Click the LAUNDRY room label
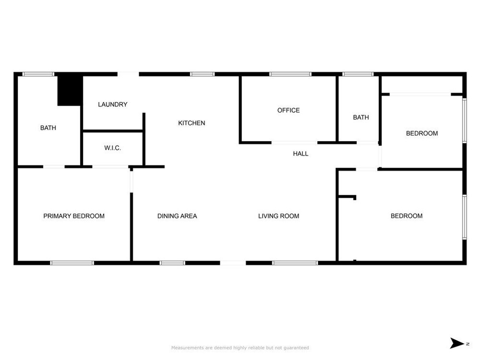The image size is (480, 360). click(x=113, y=104)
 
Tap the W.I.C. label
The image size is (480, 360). click(x=112, y=148)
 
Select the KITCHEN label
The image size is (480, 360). click(x=192, y=123)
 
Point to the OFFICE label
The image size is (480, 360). click(x=288, y=110)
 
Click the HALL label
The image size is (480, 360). click(x=300, y=154)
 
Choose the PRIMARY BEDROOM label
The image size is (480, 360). click(x=74, y=216)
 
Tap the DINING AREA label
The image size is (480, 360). click(x=177, y=216)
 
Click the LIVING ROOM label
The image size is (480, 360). click(x=278, y=216)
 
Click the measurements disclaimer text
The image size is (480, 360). click(x=240, y=348)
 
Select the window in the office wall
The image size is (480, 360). click(x=290, y=74)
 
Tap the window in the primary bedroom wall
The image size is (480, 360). click(x=72, y=263)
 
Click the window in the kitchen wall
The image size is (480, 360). click(x=203, y=74)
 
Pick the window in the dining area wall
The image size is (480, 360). click(x=172, y=263)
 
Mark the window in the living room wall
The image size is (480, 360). click(x=295, y=263)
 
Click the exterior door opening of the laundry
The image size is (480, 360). click(x=128, y=74)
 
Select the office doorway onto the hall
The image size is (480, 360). click(x=294, y=143)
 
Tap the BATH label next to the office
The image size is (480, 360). click(x=361, y=117)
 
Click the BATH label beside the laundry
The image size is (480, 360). click(x=48, y=128)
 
